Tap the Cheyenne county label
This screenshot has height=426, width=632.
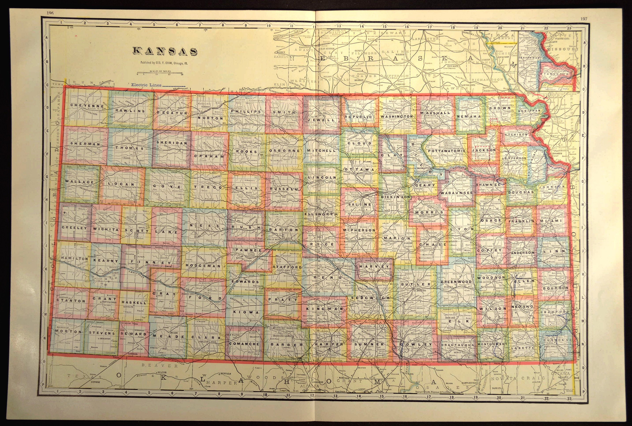pos(83,106)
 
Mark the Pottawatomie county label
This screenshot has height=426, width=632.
pos(445,150)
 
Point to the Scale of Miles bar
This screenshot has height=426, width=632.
pos(159,73)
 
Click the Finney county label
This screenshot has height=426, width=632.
pos(148,263)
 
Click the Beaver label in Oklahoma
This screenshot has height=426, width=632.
pos(160,366)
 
